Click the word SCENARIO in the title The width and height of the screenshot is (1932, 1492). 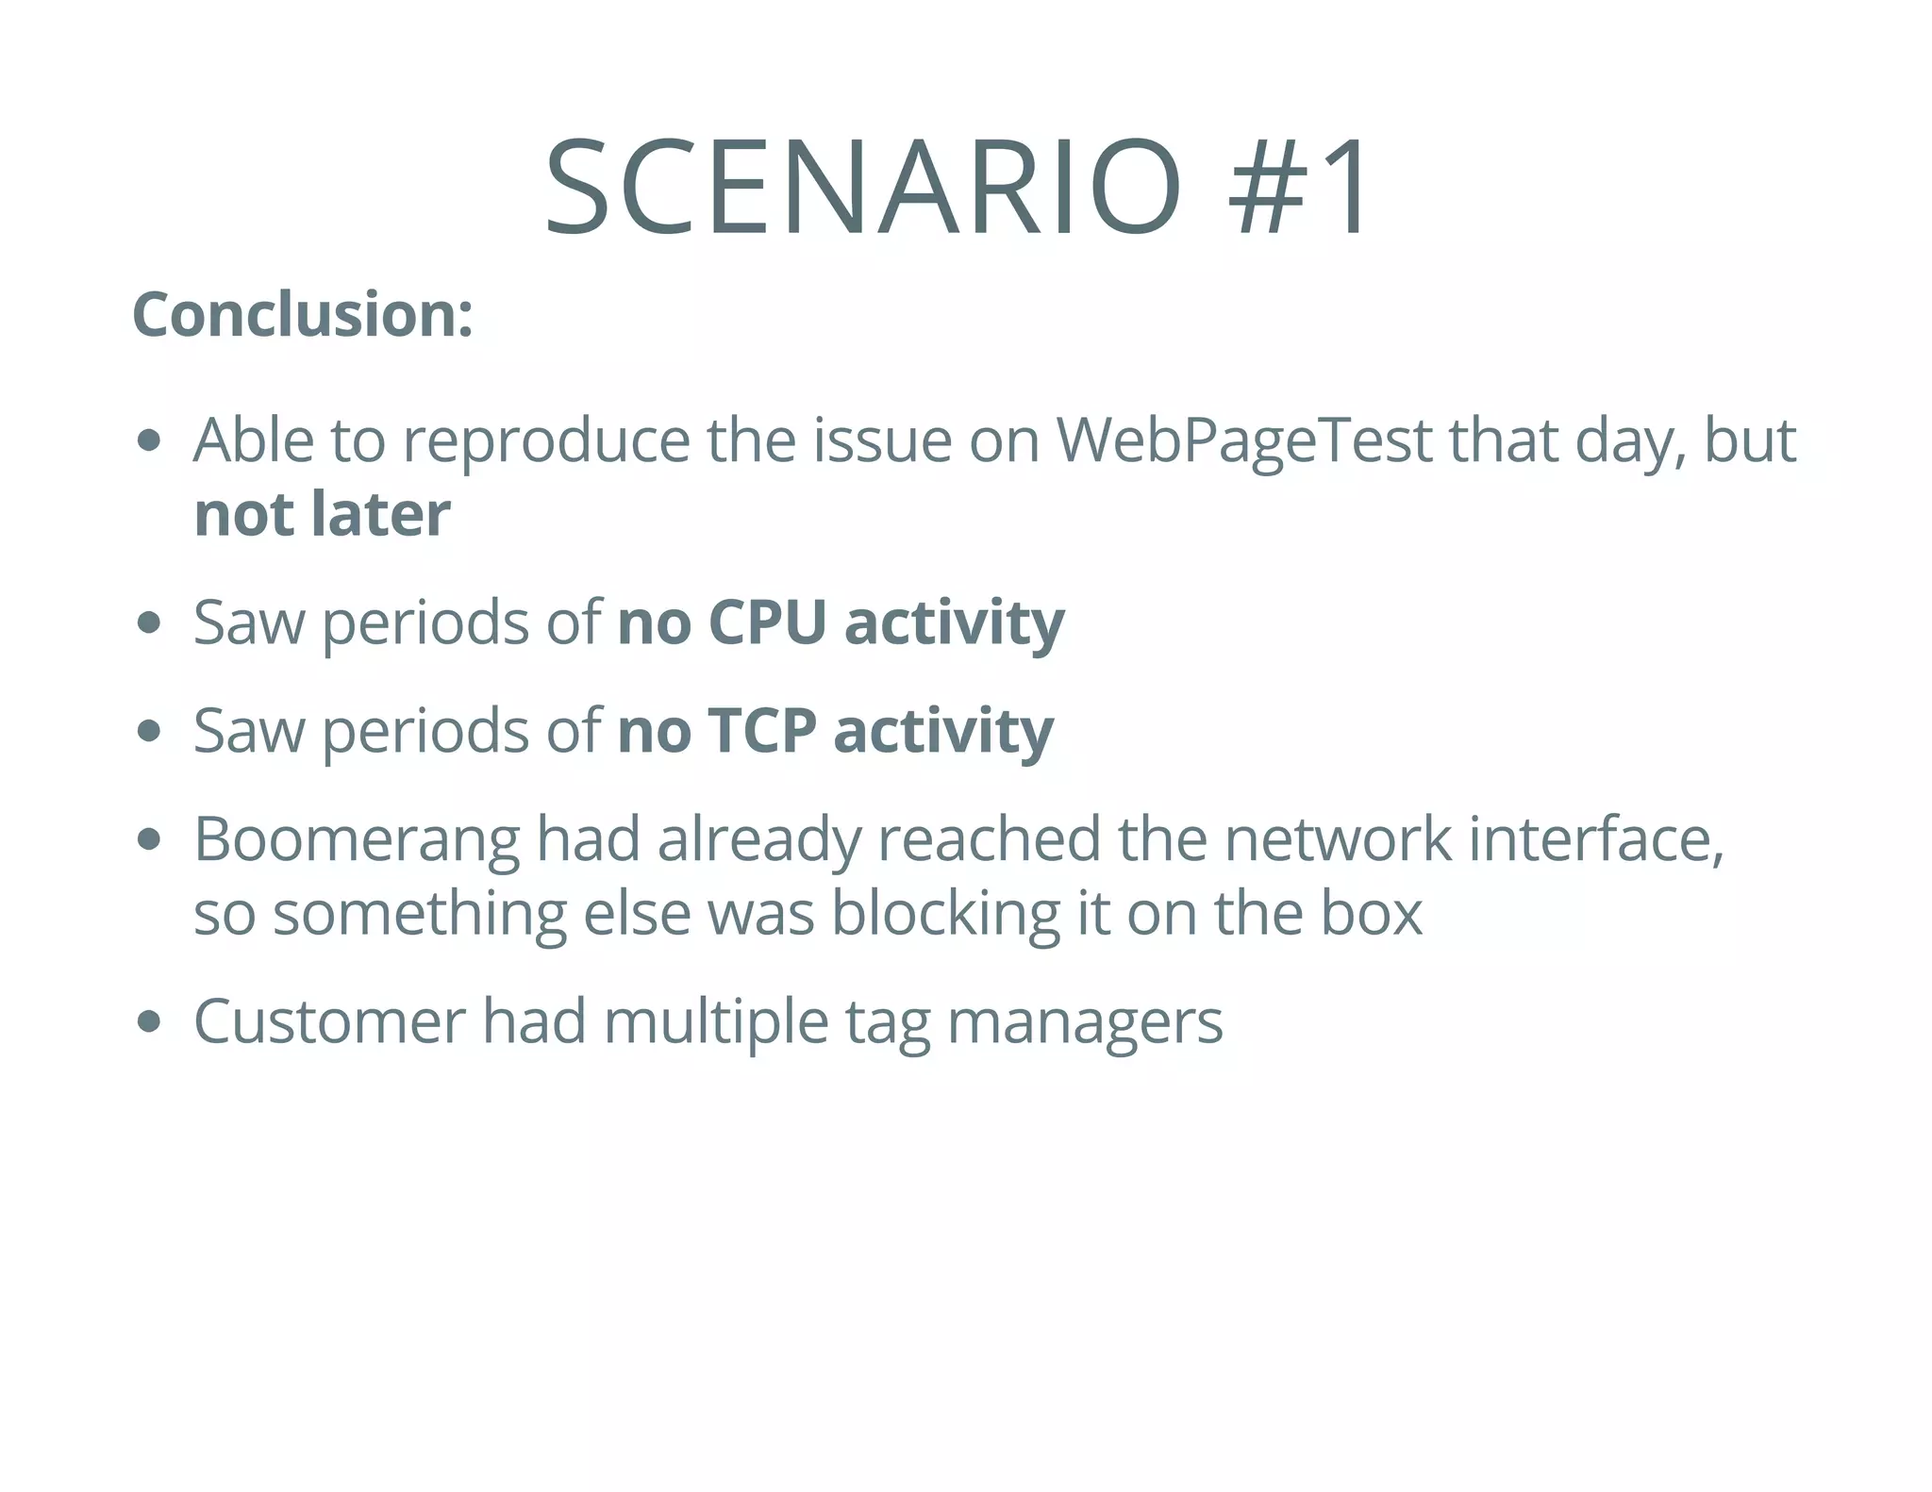click(x=862, y=186)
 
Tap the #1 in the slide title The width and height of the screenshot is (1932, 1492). click(x=1297, y=186)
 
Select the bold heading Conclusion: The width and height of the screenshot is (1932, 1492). click(x=303, y=314)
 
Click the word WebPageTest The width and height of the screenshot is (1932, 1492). click(x=1244, y=440)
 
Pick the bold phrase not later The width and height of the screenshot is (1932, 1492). click(x=322, y=514)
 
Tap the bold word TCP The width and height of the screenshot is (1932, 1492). click(x=761, y=731)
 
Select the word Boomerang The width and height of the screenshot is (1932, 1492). click(x=356, y=839)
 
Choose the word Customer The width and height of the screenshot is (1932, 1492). click(x=329, y=1021)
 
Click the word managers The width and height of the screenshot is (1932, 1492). click(x=1084, y=1023)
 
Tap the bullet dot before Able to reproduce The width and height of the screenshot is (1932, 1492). click(x=149, y=440)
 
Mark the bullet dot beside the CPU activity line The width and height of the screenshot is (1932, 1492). click(x=149, y=623)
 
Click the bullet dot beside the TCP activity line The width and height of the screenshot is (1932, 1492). click(x=149, y=732)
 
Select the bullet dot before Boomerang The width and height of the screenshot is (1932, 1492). click(x=149, y=839)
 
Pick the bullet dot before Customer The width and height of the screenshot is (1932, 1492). click(x=149, y=1022)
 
